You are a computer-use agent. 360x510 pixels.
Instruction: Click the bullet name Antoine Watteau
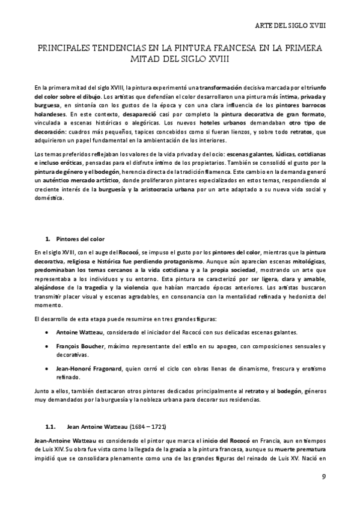pyautogui.click(x=80, y=333)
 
